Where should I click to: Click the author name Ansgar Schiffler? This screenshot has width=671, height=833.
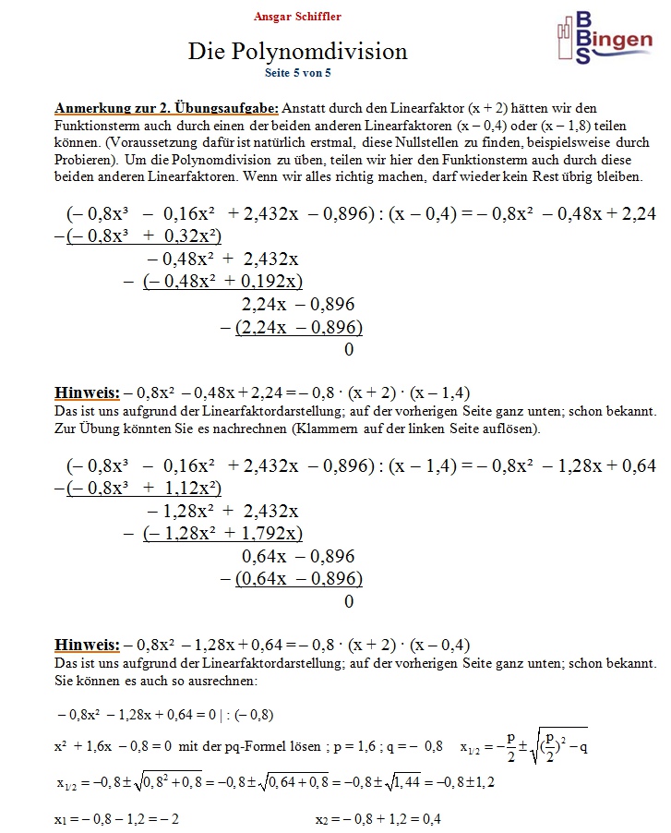point(297,17)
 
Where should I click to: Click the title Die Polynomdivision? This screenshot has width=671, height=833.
point(297,51)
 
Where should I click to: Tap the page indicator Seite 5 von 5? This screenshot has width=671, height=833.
point(297,71)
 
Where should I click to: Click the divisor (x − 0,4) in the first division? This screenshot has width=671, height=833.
point(423,213)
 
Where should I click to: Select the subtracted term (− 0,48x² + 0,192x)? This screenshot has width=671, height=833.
point(222,282)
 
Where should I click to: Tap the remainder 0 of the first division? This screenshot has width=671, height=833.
point(348,349)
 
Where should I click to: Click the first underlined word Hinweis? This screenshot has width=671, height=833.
point(87,391)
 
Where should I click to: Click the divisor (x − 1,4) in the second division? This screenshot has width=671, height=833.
point(423,465)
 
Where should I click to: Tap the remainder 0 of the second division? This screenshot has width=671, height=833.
point(348,601)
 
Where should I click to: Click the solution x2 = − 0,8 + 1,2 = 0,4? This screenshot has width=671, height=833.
point(378,819)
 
